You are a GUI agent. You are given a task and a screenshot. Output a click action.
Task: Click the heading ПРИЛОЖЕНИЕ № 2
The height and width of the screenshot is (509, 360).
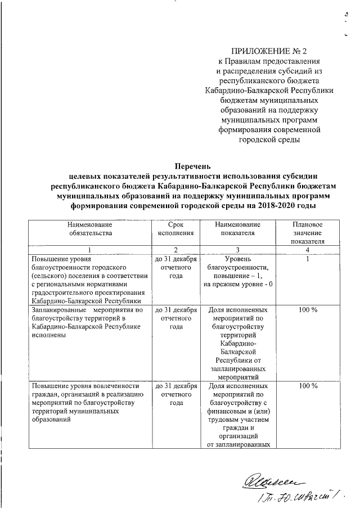269,50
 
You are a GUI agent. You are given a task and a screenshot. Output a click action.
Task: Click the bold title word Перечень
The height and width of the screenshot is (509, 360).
193,166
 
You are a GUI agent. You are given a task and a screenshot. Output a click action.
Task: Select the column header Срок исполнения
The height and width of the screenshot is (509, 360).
175,228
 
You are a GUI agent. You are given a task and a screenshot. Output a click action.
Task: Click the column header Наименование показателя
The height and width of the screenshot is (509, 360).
238,228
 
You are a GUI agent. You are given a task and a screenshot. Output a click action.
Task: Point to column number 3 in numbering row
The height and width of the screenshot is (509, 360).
238,249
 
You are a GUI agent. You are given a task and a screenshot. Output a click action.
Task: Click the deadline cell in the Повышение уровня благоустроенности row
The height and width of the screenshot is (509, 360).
175,267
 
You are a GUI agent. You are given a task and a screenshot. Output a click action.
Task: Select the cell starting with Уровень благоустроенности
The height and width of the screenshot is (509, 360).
238,271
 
